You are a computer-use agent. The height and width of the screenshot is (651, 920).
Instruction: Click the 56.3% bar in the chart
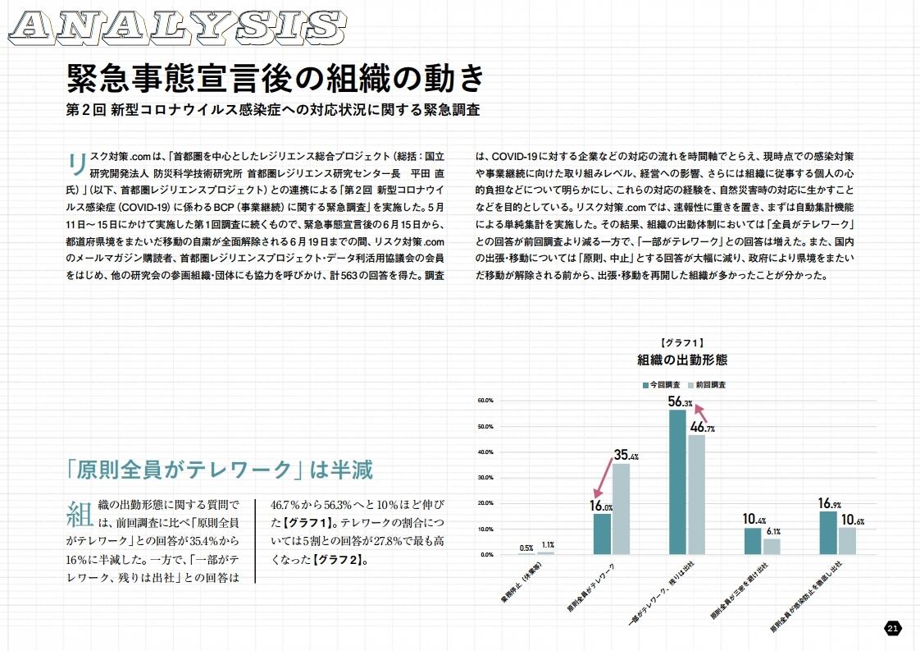(677, 482)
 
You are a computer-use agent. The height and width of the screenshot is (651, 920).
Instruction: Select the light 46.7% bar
(696, 494)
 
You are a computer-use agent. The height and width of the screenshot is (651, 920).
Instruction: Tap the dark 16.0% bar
(602, 534)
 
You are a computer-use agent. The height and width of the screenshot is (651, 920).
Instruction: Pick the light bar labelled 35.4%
(622, 509)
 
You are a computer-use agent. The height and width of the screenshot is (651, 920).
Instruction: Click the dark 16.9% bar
(828, 533)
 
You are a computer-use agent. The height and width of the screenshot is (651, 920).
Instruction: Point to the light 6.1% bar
(772, 546)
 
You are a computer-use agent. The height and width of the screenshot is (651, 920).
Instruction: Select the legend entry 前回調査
(706, 384)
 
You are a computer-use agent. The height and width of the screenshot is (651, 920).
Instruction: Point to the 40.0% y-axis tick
(483, 452)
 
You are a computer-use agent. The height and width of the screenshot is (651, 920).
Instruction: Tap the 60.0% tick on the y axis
(483, 401)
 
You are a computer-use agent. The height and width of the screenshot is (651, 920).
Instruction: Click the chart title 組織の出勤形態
(682, 360)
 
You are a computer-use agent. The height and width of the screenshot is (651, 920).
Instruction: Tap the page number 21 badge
(893, 628)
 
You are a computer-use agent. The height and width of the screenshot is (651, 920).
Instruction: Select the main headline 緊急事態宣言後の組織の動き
(276, 79)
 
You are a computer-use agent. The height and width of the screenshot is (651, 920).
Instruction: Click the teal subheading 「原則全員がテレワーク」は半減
(220, 470)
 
